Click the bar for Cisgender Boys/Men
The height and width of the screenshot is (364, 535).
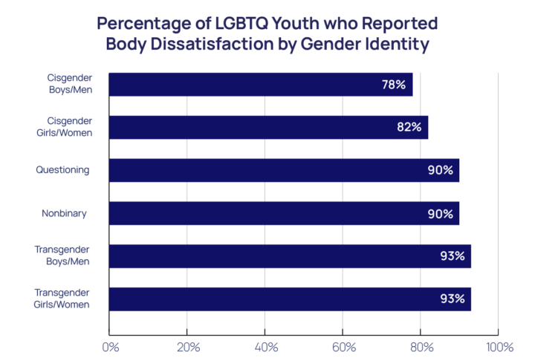click(260, 85)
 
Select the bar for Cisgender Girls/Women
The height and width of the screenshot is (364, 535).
click(268, 127)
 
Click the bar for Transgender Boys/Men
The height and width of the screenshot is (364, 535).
click(290, 256)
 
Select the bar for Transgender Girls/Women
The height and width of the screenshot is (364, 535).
click(290, 299)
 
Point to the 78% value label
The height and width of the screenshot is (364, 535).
click(393, 85)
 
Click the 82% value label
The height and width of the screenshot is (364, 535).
click(409, 127)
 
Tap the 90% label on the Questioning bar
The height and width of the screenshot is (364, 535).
click(440, 170)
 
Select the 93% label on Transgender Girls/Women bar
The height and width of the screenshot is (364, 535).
click(452, 299)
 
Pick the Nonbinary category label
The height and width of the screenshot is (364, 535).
click(64, 213)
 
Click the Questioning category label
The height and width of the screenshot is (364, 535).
click(62, 170)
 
